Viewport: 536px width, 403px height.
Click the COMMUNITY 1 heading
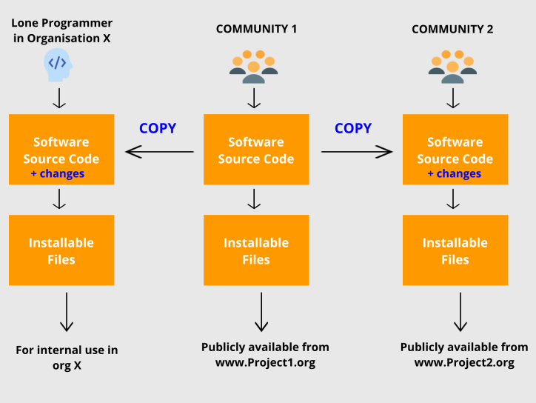(x=256, y=29)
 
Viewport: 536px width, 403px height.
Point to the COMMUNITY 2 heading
(x=452, y=29)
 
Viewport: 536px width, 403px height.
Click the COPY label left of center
(x=158, y=128)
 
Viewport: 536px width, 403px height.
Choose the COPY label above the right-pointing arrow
(x=353, y=128)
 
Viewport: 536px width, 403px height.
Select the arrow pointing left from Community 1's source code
(x=159, y=152)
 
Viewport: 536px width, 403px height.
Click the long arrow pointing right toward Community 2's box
(x=356, y=152)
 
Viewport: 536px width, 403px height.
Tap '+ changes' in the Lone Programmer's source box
(x=58, y=173)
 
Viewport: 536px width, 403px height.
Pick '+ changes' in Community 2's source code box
(x=455, y=173)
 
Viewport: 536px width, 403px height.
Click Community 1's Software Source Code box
(x=256, y=150)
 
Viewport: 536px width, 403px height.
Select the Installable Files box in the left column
(x=61, y=250)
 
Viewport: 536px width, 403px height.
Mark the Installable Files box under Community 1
(x=256, y=250)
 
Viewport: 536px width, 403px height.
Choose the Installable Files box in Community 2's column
(x=455, y=250)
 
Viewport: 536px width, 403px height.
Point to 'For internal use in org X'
(x=67, y=357)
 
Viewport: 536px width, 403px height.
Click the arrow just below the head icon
(x=60, y=98)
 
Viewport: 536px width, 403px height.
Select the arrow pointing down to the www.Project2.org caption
(x=460, y=312)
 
